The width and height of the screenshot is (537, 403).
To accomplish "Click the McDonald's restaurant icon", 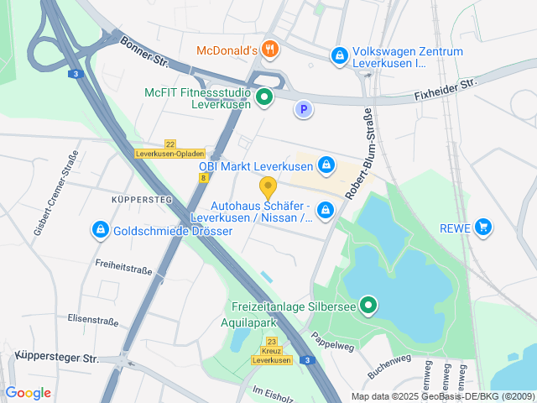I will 269,50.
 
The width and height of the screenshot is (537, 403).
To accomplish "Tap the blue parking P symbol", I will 303,108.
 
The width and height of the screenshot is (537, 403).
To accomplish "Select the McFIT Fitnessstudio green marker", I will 264,97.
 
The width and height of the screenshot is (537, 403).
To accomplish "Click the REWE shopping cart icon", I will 482,227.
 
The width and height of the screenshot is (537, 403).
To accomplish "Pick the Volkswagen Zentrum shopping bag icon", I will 338,56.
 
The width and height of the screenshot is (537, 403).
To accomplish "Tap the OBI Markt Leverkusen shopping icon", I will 326,165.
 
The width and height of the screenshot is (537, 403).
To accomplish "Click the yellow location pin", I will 268,187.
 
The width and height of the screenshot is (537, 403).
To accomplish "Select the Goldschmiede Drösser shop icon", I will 100,229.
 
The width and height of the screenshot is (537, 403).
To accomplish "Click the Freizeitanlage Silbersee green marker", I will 368,305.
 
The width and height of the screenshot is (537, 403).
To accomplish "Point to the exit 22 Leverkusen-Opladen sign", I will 170,149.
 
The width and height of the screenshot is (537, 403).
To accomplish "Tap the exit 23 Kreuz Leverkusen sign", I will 272,351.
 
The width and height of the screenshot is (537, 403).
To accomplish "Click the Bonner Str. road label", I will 144,52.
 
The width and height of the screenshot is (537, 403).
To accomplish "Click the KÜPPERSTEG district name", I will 141,200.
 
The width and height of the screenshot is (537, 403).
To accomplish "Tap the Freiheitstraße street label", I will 123,270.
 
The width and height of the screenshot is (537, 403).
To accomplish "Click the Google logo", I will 28,393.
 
